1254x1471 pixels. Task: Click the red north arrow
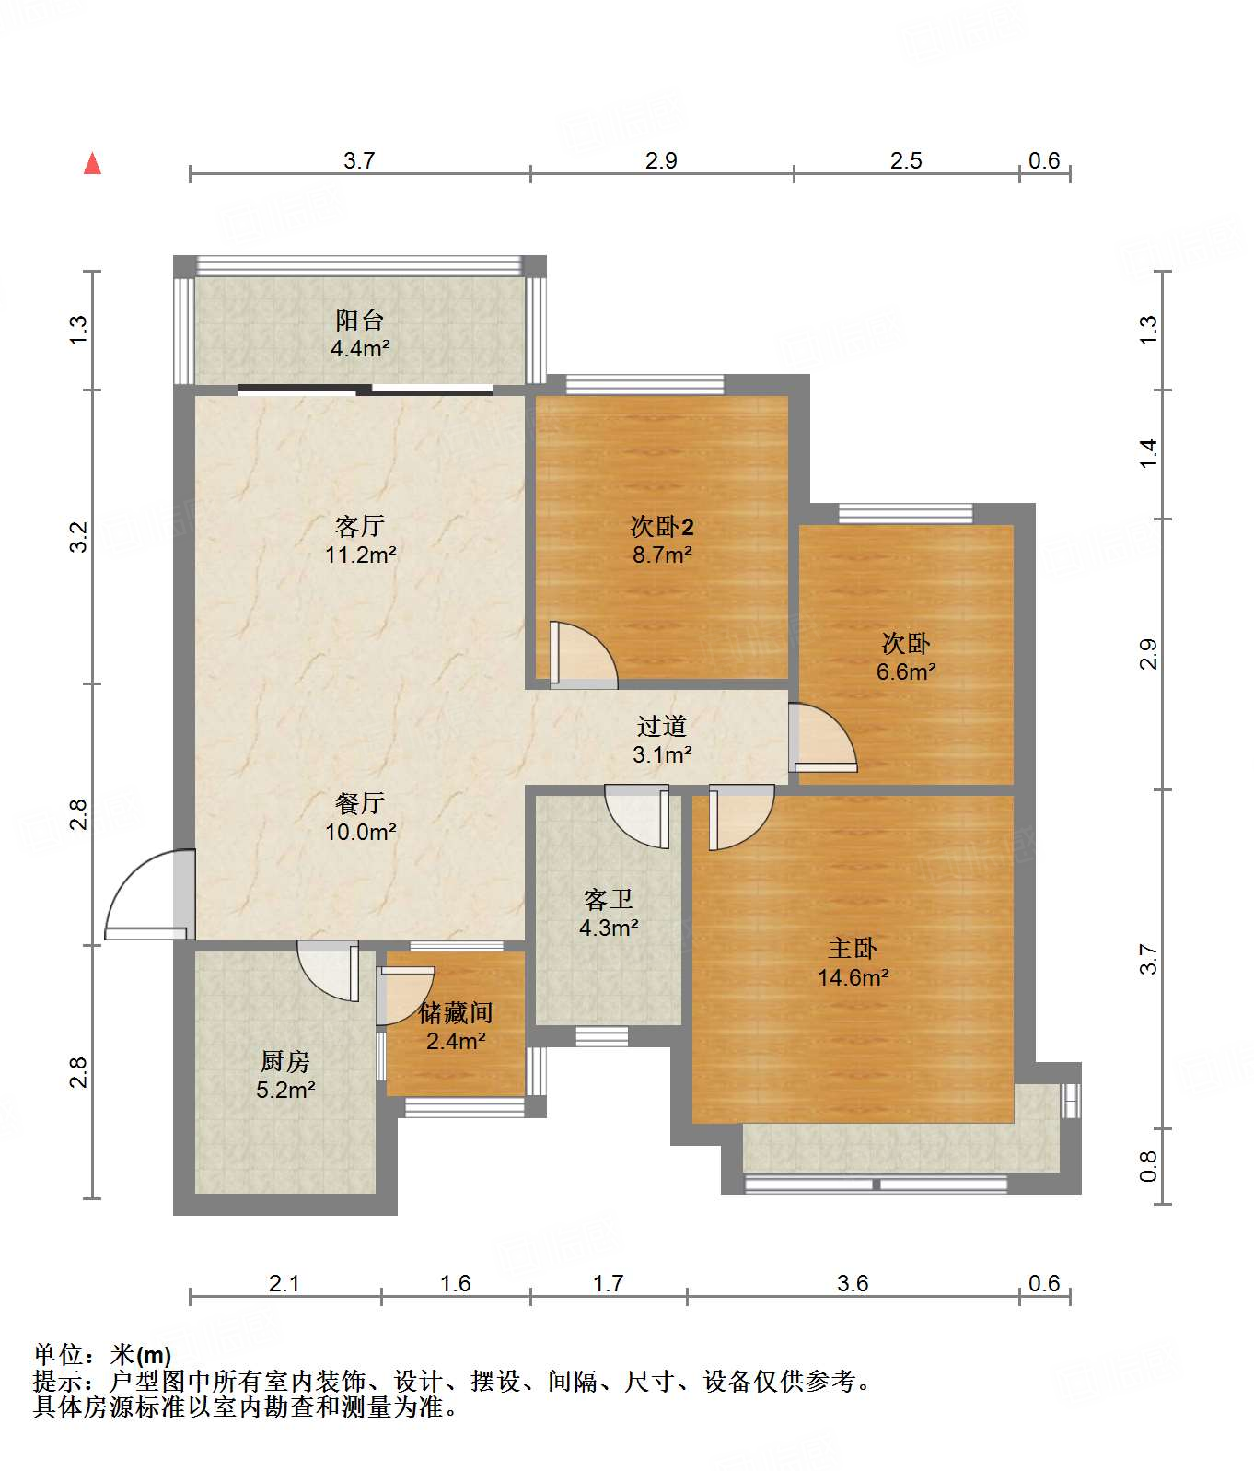(x=92, y=163)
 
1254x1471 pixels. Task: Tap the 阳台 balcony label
(x=359, y=321)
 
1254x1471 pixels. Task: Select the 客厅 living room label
(x=359, y=526)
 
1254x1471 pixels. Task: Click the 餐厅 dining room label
(x=359, y=803)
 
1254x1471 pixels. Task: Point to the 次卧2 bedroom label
(x=662, y=526)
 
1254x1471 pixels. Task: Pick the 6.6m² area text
(x=906, y=671)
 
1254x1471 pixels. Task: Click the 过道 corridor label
(x=662, y=726)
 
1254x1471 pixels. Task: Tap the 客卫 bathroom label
(x=609, y=899)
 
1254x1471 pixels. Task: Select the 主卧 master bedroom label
(x=853, y=949)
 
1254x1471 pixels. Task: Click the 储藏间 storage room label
(x=456, y=1013)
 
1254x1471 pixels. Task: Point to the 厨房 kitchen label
(x=285, y=1062)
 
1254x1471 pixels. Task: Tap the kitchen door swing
(x=328, y=970)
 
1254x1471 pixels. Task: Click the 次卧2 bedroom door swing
(x=584, y=655)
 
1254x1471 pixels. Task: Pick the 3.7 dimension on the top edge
(x=359, y=160)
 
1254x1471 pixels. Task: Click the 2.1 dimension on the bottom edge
(x=284, y=1283)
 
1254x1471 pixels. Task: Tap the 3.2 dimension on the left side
(x=78, y=537)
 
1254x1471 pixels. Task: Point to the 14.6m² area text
(x=853, y=977)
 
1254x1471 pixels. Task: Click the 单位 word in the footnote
(x=57, y=1355)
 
